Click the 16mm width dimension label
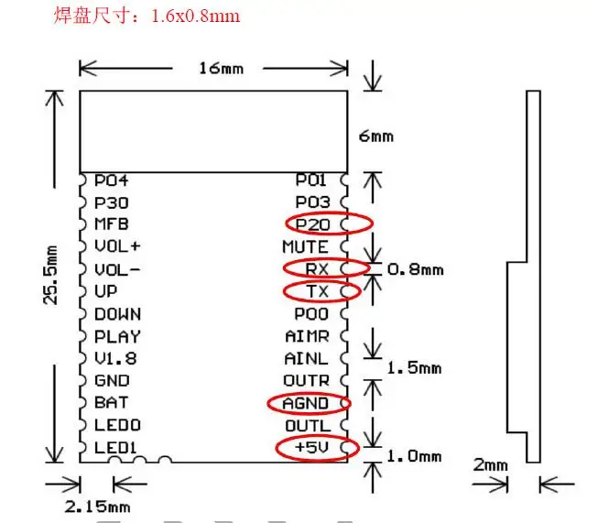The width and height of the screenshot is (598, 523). [x=222, y=69]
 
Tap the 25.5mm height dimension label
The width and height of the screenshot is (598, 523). [x=51, y=275]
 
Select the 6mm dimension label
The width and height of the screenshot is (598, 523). [x=376, y=136]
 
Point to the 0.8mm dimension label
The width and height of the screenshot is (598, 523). [x=416, y=269]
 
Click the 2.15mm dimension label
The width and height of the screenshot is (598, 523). [x=98, y=507]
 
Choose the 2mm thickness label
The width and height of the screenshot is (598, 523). [x=491, y=465]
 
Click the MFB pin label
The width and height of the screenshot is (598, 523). [x=112, y=224]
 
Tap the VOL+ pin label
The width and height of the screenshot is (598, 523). [x=117, y=246]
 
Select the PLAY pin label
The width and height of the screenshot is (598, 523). [x=117, y=336]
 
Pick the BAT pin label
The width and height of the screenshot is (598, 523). [x=112, y=403]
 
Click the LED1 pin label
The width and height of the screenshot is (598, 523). [x=115, y=448]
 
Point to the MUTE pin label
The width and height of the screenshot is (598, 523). [x=305, y=246]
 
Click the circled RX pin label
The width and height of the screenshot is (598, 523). [x=317, y=269]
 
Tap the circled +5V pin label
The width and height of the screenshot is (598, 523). [x=311, y=447]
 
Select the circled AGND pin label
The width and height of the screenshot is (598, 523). [x=306, y=403]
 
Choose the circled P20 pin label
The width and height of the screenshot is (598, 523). [x=312, y=224]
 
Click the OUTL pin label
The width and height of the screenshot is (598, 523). [x=308, y=426]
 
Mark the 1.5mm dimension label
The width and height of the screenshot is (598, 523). [x=414, y=368]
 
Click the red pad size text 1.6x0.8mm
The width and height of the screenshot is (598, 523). [x=196, y=16]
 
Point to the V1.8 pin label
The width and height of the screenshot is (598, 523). [x=115, y=358]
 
